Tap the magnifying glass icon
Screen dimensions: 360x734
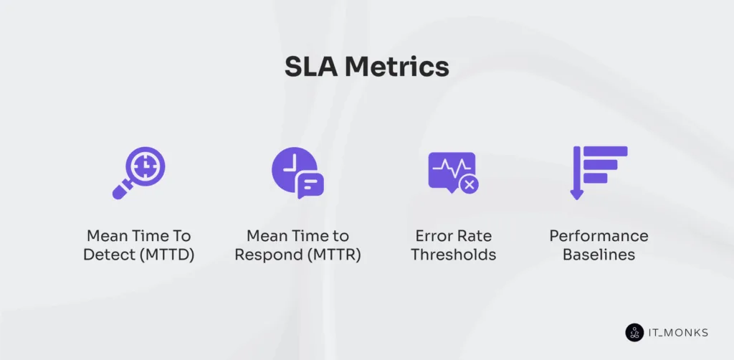click(x=139, y=173)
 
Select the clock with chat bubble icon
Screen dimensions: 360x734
click(x=297, y=173)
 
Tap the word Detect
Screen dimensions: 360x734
click(x=107, y=255)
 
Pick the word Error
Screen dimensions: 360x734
click(x=434, y=236)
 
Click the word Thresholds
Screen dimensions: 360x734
click(x=453, y=255)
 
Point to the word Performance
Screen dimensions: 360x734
click(x=599, y=236)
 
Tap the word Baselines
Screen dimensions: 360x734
click(x=599, y=255)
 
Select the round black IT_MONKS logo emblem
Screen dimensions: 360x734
click(x=634, y=332)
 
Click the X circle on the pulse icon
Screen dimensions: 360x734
click(x=470, y=185)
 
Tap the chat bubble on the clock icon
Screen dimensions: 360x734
click(x=310, y=186)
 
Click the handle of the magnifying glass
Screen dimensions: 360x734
click(x=121, y=191)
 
